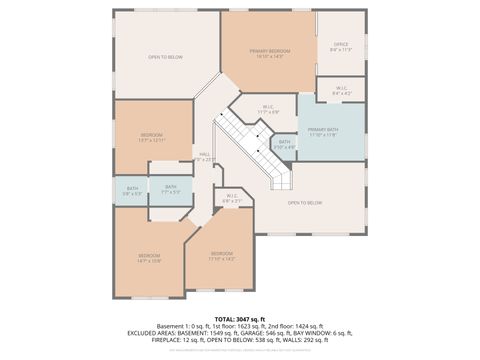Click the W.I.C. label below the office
click(x=340, y=90)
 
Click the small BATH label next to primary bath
click(x=285, y=144)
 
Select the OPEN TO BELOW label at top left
click(x=165, y=57)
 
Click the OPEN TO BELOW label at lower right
click(x=304, y=203)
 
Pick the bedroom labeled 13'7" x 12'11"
click(x=152, y=136)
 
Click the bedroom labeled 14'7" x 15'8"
click(x=150, y=258)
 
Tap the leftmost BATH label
click(x=132, y=189)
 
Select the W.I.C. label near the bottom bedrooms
click(x=232, y=198)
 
